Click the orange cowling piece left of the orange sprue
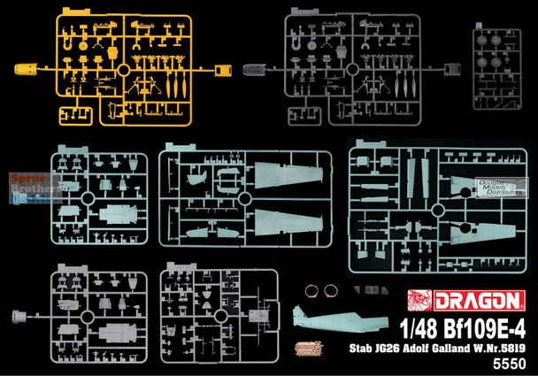pyautogui.click(x=27, y=68)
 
